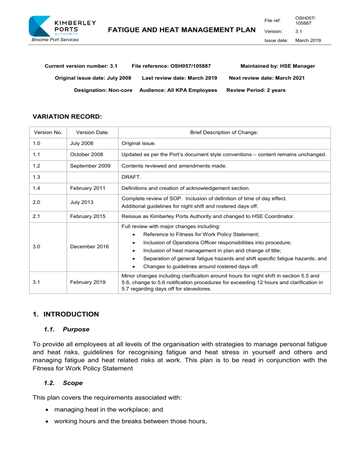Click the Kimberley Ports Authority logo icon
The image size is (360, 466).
click(x=40, y=26)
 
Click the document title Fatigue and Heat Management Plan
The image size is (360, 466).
click(x=182, y=30)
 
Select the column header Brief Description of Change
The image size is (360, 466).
click(x=224, y=133)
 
